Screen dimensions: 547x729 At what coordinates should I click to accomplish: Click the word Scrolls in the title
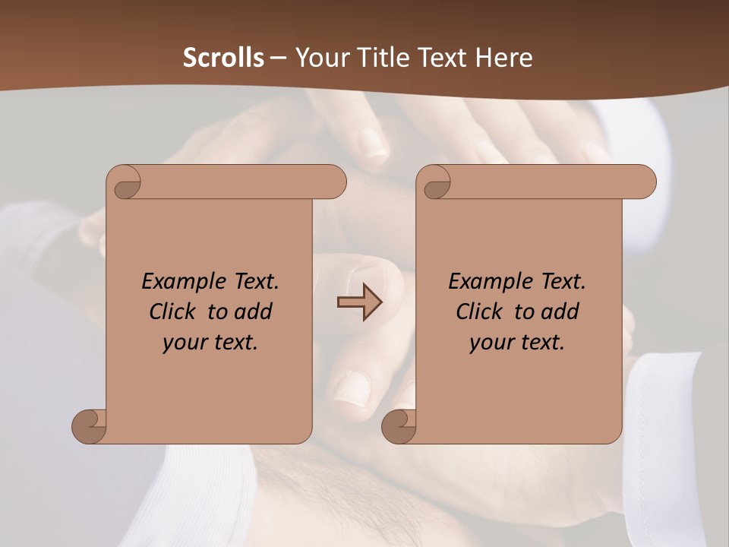224,58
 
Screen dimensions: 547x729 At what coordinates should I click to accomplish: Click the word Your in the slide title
320,58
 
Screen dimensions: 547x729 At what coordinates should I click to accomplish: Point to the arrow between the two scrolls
359,302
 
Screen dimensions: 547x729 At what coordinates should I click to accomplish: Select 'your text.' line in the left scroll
210,343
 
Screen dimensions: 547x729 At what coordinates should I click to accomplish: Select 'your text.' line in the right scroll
517,343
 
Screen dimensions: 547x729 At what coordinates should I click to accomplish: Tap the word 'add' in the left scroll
254,311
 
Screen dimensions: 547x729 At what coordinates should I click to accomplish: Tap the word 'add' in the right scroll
560,311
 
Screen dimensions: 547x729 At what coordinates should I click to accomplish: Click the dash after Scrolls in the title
279,58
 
